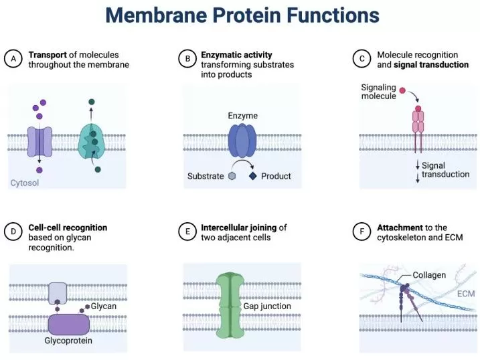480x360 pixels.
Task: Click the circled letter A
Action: click(x=13, y=59)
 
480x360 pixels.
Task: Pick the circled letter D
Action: click(x=13, y=232)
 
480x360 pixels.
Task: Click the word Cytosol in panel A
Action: click(x=24, y=182)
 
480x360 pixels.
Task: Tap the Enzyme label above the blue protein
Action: click(x=242, y=116)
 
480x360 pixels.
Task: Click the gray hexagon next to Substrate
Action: click(x=232, y=176)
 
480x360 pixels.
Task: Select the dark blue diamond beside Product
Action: click(x=253, y=176)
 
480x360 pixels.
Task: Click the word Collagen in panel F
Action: click(x=429, y=275)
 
